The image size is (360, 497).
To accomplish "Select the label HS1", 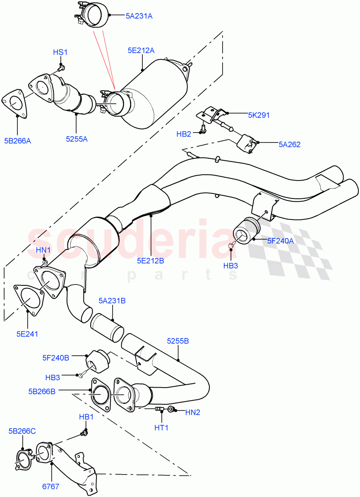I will click(60, 53).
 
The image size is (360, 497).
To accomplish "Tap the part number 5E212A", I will click(141, 51).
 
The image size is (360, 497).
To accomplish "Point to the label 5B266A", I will click(17, 141).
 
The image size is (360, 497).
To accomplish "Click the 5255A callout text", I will click(77, 139).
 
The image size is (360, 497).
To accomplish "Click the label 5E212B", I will click(151, 261).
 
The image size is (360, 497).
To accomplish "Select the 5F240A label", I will click(280, 240).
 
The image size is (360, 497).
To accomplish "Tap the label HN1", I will click(43, 250).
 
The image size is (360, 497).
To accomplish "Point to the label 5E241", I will click(27, 334).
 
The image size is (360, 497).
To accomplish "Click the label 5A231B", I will click(112, 301).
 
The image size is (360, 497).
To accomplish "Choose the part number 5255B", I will click(178, 341).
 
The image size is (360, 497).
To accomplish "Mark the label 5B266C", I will click(22, 431).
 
